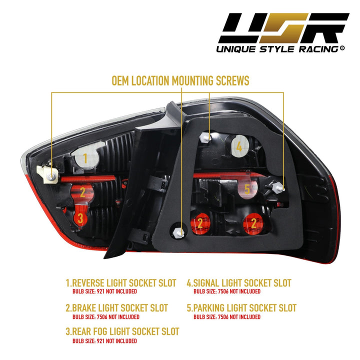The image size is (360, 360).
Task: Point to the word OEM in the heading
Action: (x=124, y=80)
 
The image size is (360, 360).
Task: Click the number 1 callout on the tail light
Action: (x=85, y=159)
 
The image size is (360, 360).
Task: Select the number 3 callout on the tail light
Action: (x=80, y=217)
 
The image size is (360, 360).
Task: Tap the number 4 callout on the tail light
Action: (x=239, y=146)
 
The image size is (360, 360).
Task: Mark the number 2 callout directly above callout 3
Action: (x=83, y=191)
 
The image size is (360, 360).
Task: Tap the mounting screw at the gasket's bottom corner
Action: (x=180, y=232)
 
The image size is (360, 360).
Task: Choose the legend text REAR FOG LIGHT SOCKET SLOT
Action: (x=122, y=331)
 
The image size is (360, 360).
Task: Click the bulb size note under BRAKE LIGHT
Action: (x=105, y=317)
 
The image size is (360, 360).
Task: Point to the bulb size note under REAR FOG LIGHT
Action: (x=104, y=341)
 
